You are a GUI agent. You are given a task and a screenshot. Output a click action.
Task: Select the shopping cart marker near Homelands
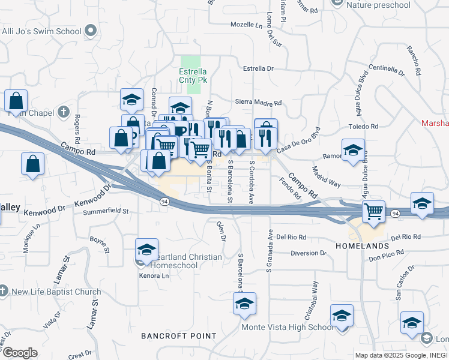[x=373, y=211]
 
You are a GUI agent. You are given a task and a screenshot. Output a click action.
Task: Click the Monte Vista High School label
[x=287, y=327]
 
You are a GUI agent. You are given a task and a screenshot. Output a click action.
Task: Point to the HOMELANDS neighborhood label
[x=361, y=247]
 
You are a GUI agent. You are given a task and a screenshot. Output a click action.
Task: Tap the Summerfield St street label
[x=106, y=211]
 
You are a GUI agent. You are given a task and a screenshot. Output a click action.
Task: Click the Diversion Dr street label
[x=308, y=253]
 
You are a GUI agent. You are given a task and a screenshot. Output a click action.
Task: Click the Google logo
[x=19, y=353]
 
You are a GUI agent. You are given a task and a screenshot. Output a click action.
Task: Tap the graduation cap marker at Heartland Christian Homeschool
[x=146, y=249]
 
